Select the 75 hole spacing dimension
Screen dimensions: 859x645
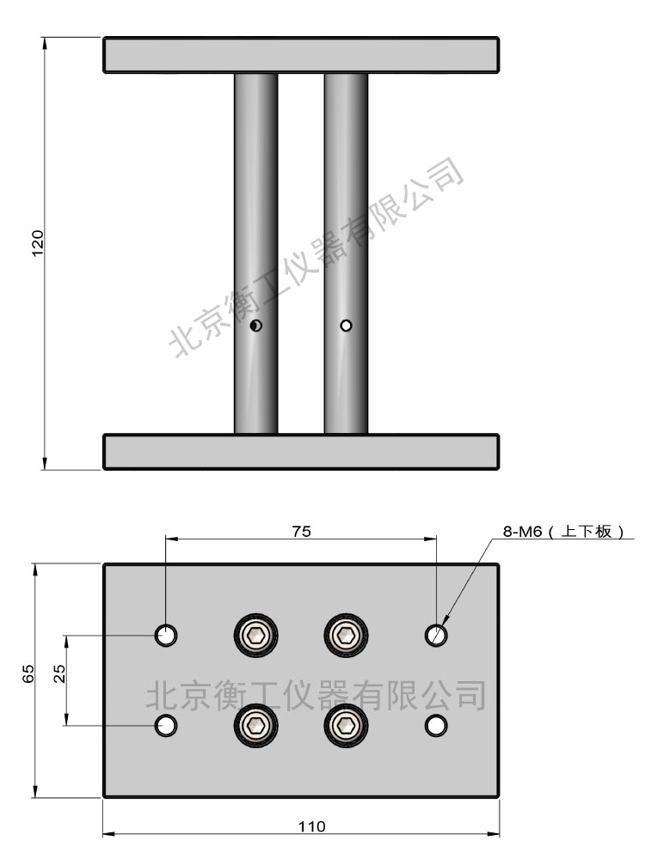point(301,532)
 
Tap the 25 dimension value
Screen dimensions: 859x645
point(59,673)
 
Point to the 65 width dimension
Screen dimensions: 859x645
point(28,673)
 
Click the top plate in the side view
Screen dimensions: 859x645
point(301,55)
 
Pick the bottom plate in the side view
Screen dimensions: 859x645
point(301,452)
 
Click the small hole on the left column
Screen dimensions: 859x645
point(256,326)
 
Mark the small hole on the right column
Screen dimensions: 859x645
point(346,326)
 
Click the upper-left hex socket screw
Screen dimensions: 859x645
point(256,636)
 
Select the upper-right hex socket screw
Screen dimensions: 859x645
point(346,636)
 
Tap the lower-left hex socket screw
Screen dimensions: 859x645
point(256,726)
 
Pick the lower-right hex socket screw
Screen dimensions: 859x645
point(346,726)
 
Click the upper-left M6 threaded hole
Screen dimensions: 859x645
point(166,636)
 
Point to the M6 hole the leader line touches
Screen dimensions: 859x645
point(437,636)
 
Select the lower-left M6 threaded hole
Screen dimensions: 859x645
point(166,726)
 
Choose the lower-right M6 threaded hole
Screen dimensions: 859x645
point(437,726)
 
